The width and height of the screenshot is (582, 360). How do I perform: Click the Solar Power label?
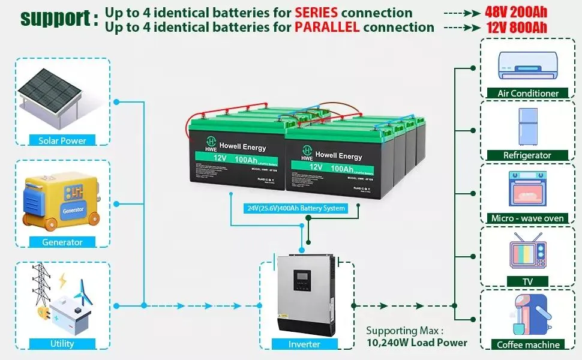point(62,140)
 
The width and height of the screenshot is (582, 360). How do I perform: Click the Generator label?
point(62,242)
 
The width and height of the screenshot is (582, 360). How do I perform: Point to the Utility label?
point(62,344)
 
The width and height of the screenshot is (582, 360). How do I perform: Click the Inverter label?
point(304,344)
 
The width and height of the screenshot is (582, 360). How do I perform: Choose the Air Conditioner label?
point(528,93)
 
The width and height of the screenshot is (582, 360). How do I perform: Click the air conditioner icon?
point(528,64)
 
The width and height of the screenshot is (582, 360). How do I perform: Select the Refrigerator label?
point(528,155)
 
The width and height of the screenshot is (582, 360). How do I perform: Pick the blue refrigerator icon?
point(527,126)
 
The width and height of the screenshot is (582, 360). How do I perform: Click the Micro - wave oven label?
point(528,218)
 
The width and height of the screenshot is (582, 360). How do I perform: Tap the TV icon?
point(528,250)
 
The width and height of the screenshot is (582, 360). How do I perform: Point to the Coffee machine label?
point(528,344)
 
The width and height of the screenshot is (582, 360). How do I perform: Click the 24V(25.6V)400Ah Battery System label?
point(296,208)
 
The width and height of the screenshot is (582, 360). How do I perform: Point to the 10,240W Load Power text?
point(416,343)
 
